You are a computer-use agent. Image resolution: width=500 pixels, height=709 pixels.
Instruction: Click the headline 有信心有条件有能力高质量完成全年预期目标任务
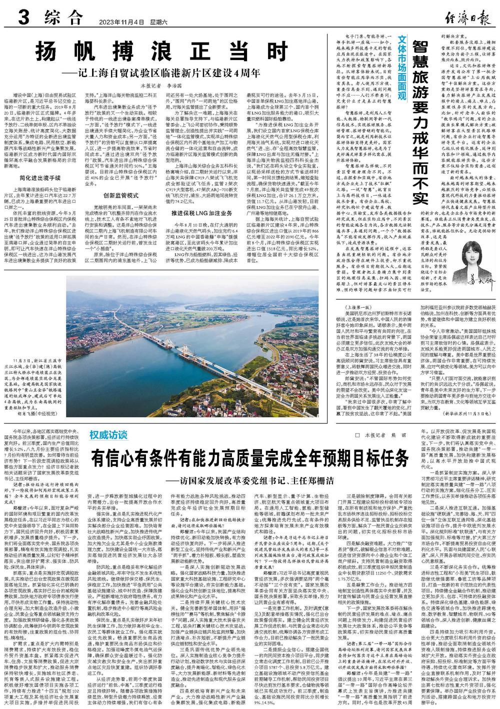[249, 458]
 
